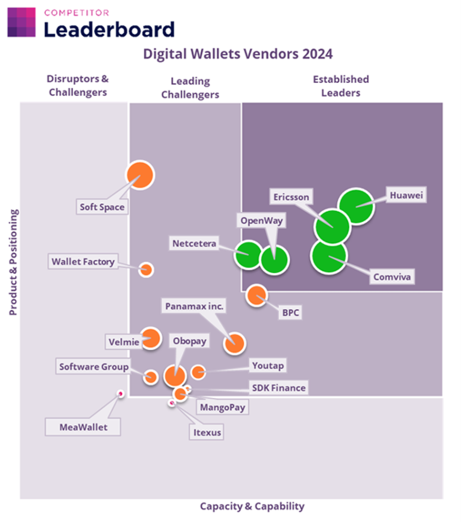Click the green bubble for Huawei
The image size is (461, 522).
355,206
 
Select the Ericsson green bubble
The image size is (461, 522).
332,226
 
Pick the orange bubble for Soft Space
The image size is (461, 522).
140,175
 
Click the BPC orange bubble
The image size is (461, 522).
256,296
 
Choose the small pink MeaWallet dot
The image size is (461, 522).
120,394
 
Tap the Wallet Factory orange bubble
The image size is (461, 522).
147,270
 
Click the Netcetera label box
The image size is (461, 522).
194,244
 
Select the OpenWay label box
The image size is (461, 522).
261,221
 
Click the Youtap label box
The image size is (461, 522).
268,365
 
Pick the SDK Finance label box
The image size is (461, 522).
278,388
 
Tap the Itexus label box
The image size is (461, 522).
207,433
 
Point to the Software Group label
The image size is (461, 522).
94,367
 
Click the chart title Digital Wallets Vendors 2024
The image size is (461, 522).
238,54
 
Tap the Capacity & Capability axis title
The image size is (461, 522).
252,506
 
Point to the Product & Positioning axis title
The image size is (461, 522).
13,262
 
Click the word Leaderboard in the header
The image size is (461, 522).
109,30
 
